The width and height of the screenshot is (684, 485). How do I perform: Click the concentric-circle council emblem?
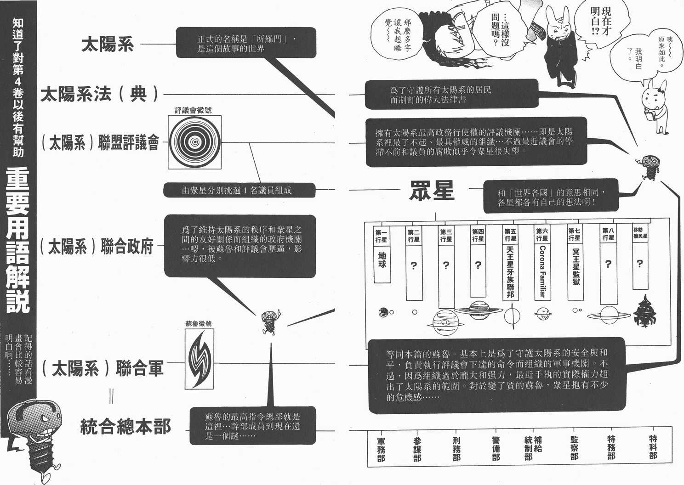pos(194,142)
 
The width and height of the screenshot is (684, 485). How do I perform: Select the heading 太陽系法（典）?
pos(99,94)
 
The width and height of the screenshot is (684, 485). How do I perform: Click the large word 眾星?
pos(432,190)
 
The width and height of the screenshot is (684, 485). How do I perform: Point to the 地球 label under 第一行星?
pos(382,259)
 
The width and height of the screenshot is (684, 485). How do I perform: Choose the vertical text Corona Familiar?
pos(542,271)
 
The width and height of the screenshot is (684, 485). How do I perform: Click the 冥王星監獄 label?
pos(576,267)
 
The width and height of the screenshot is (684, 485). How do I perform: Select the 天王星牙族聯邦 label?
pos(510,271)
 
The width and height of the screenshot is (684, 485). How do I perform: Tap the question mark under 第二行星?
pos(413,265)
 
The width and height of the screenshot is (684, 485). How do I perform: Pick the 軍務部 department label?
pos(381,449)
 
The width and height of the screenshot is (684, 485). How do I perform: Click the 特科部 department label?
pos(653,447)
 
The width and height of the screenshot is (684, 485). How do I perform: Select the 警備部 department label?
pos(496,449)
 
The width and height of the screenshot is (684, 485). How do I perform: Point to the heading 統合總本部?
pos(125,427)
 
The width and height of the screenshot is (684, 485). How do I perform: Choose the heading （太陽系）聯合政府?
pos(97,247)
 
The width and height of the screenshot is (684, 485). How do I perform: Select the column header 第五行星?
pos(510,235)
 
